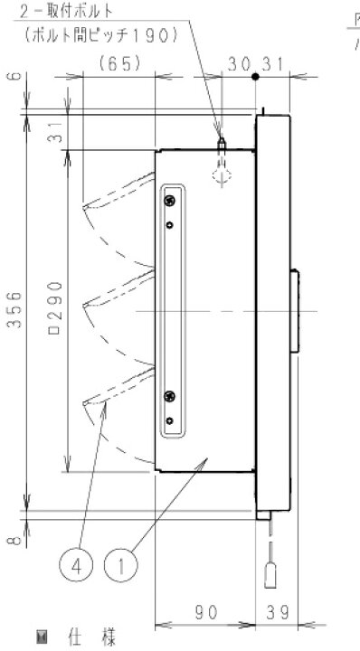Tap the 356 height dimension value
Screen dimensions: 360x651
[x=14, y=310]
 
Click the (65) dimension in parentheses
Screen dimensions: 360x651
[x=119, y=64]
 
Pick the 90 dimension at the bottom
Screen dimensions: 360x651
[x=206, y=612]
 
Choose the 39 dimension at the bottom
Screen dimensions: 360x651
[x=277, y=612]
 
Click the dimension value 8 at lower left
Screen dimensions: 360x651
[x=14, y=540]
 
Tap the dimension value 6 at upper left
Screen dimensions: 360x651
[x=14, y=76]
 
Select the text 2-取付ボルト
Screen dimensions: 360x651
[x=66, y=11]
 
